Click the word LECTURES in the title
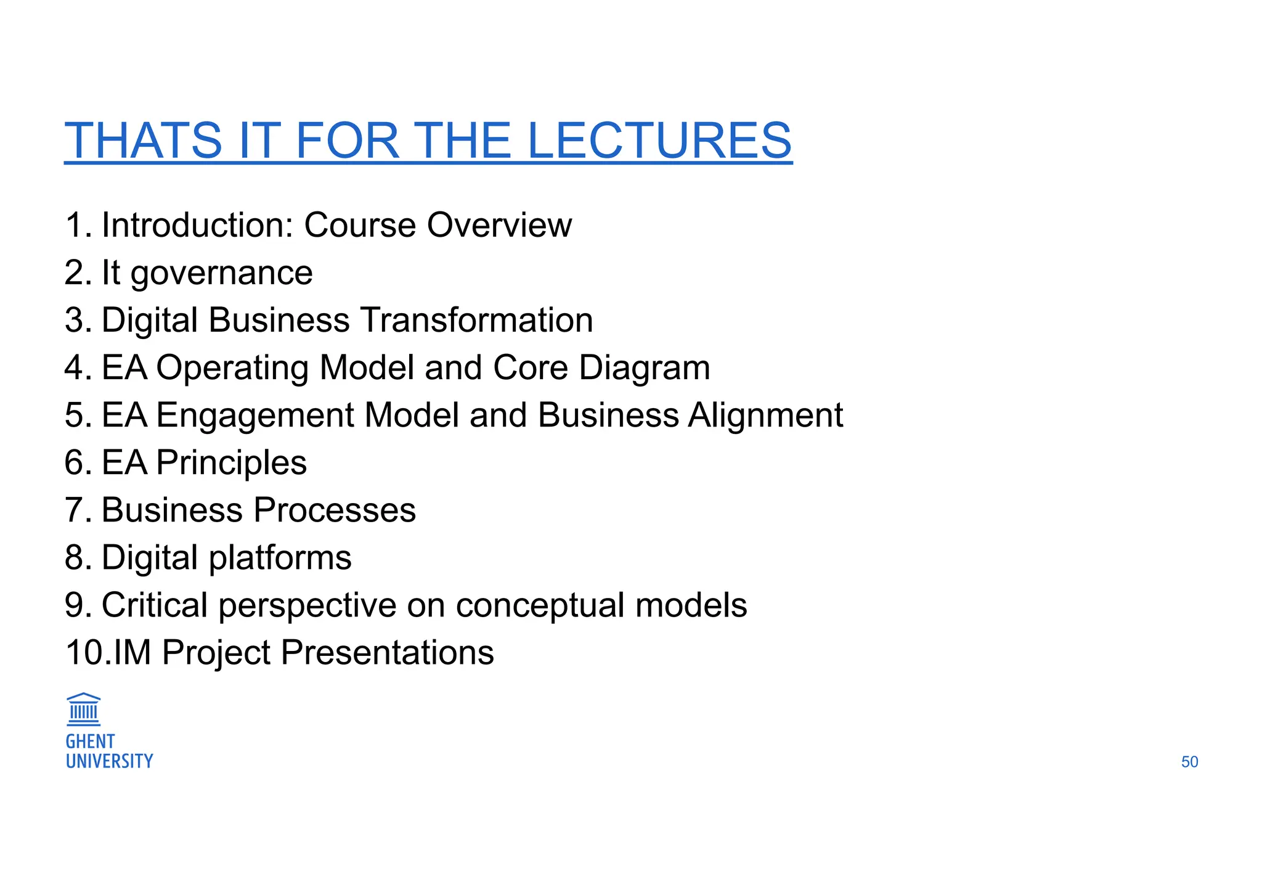click(x=659, y=141)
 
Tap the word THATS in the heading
click(x=143, y=141)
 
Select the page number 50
click(x=1189, y=762)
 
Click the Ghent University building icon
click(x=83, y=710)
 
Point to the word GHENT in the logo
click(x=90, y=742)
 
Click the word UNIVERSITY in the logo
click(x=109, y=761)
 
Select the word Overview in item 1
click(x=499, y=225)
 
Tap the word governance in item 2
click(x=221, y=273)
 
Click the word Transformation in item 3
click(x=476, y=321)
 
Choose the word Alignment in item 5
click(x=765, y=415)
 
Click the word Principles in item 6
click(x=231, y=463)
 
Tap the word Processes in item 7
click(x=335, y=510)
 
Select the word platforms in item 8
click(x=280, y=558)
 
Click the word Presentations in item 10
click(x=387, y=653)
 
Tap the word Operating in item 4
click(x=232, y=368)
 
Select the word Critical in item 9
click(x=154, y=605)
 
